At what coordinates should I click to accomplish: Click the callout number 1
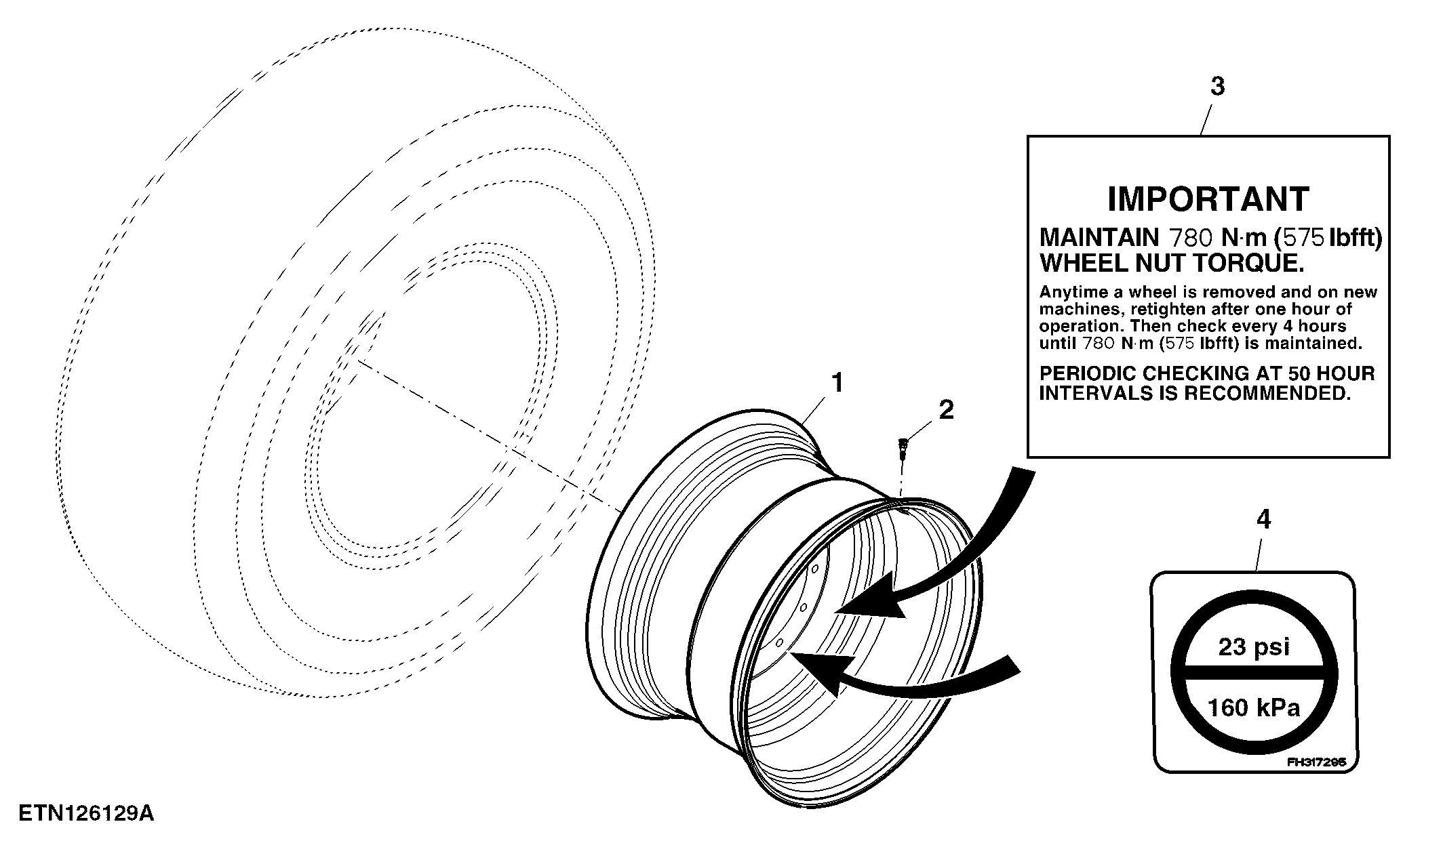point(838,383)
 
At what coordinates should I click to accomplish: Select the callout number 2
point(946,409)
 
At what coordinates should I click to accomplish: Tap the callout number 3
point(1218,87)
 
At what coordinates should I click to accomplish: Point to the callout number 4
point(1263,520)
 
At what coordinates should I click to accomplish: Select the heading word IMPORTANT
point(1208,199)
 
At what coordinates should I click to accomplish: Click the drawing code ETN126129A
point(86,813)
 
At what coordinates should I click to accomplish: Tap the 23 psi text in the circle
point(1254,646)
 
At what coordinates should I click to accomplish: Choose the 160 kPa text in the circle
point(1254,708)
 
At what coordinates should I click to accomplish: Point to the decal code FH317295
point(1316,762)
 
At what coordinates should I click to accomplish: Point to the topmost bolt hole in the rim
point(815,569)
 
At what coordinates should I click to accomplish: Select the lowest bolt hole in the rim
point(780,642)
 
